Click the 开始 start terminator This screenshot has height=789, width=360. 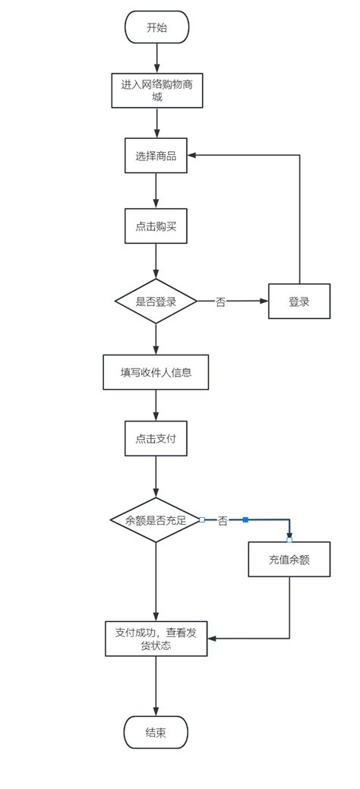pos(156,27)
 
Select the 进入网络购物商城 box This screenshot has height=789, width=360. pos(156,90)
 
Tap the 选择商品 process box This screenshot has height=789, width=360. pos(156,156)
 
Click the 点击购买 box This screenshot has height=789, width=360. pos(156,226)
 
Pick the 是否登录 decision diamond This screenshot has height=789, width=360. pos(156,301)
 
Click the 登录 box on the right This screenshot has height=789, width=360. pos(299,301)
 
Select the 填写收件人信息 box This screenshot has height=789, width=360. pos(156,372)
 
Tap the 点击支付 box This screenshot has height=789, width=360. pos(156,439)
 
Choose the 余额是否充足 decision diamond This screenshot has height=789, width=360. pos(156,520)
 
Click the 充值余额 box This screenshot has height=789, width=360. pos(289,560)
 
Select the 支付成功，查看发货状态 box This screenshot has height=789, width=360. pos(156,638)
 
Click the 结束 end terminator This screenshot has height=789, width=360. pos(156,732)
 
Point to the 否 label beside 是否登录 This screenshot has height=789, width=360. pos(220,302)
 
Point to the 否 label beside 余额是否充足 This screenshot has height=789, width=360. pos(223,521)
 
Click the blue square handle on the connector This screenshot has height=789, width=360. pos(245,519)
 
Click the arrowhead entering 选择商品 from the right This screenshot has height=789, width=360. pos(193,156)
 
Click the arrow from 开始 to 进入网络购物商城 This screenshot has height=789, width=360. pos(156,58)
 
